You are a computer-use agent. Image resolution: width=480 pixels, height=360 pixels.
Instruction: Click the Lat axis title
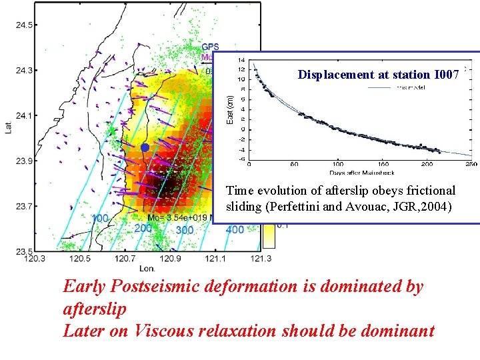coord(8,125)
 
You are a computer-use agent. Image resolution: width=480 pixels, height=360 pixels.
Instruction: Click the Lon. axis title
coord(147,268)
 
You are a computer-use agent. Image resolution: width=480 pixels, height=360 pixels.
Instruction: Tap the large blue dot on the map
coord(145,147)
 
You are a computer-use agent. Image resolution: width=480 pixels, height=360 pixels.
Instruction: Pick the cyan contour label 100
coord(101,219)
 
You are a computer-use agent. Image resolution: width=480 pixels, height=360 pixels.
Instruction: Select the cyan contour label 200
coord(143,228)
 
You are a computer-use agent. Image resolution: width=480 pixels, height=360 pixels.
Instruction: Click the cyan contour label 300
coord(185,230)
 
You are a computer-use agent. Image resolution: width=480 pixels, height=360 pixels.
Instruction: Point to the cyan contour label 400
coord(235,230)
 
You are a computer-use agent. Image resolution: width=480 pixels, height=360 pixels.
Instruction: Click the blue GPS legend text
coord(210,47)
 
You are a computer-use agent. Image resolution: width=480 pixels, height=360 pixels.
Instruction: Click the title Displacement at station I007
coord(378,75)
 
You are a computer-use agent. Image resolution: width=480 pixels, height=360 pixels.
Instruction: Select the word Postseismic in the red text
coord(158,287)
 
